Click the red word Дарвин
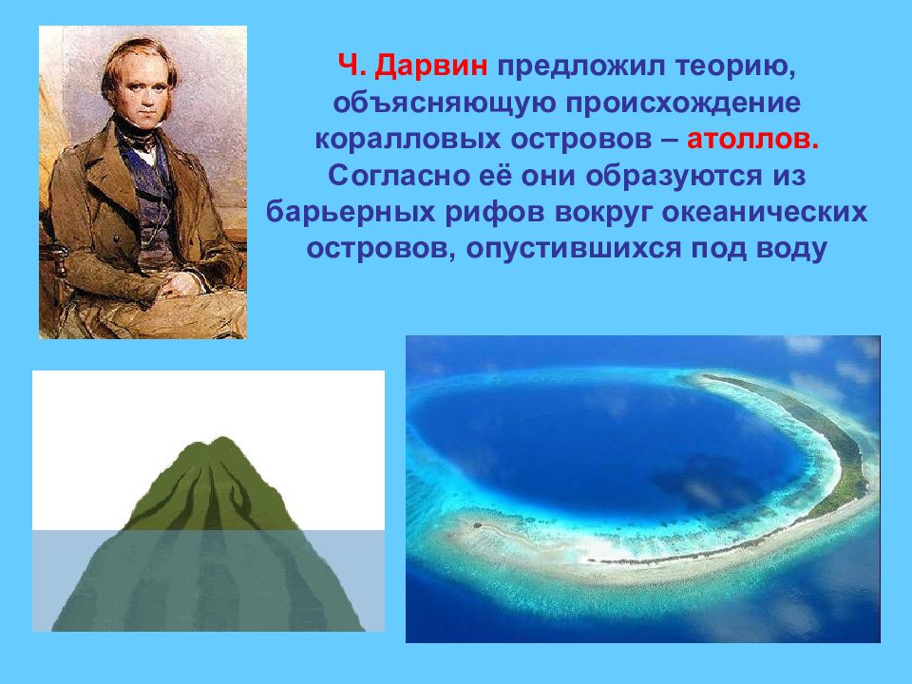[x=431, y=66]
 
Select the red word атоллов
[x=752, y=140]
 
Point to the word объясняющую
[x=445, y=104]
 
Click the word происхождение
[x=684, y=104]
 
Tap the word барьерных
[x=351, y=212]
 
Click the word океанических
[x=764, y=212]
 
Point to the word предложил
[x=580, y=67]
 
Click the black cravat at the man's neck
[x=137, y=137]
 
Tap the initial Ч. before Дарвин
[x=352, y=66]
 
